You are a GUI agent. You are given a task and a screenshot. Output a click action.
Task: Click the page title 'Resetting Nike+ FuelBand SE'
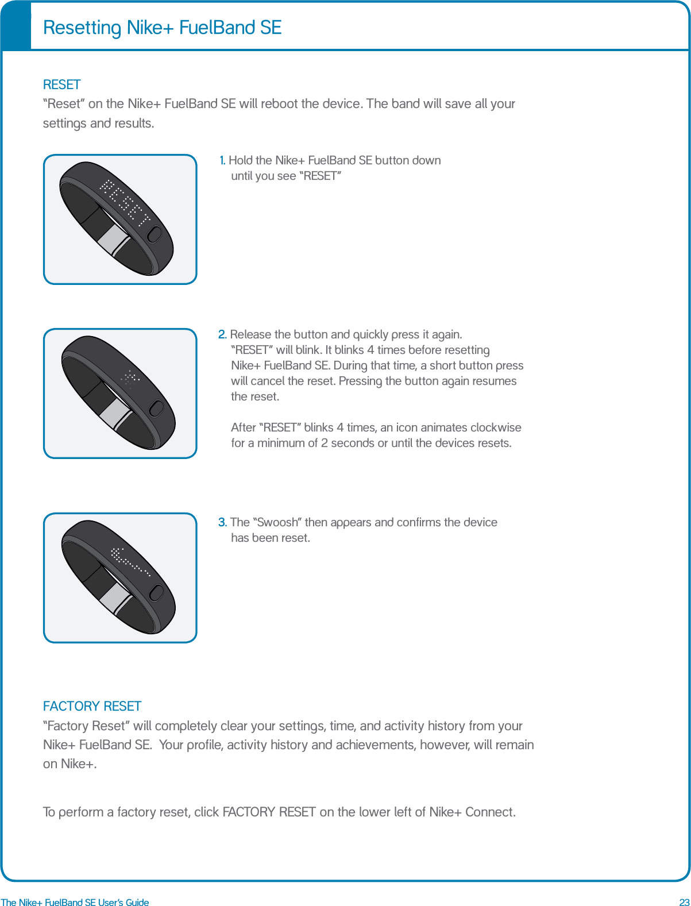(162, 28)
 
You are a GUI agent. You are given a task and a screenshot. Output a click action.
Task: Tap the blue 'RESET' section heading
(61, 84)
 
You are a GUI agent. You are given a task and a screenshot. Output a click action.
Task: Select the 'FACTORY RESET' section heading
(92, 706)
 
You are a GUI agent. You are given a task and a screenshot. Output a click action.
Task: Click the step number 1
(222, 160)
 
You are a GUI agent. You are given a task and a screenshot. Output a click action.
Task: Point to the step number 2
(222, 334)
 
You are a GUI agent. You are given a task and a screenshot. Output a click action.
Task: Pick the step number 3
(222, 522)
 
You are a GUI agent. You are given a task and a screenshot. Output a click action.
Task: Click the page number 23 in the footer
(684, 902)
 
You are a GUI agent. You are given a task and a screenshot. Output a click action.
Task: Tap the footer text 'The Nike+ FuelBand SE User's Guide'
(75, 902)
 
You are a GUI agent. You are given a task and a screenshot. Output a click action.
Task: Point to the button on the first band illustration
(155, 235)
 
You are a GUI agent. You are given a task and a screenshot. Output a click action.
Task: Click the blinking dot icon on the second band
(130, 379)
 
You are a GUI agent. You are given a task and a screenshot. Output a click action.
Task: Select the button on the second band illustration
(156, 408)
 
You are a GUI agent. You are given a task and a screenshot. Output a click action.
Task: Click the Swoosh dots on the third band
(129, 561)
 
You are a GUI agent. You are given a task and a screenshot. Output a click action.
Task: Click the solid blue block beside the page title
(16, 26)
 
